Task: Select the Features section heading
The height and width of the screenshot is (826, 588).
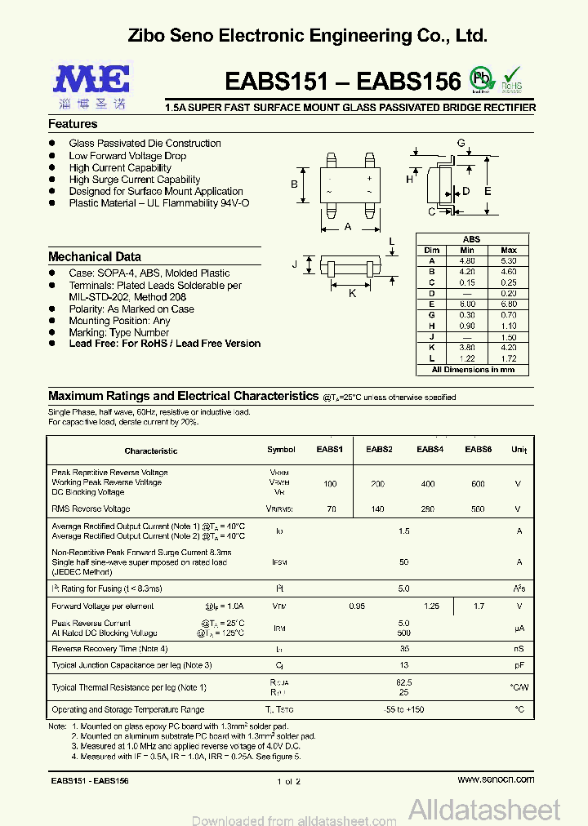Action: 73,124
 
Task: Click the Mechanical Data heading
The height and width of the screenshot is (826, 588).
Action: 95,256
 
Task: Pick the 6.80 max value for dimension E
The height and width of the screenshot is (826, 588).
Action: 508,304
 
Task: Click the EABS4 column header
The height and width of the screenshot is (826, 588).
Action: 430,450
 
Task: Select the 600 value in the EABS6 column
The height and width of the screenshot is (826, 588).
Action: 478,484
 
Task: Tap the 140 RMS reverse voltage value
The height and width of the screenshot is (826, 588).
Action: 377,508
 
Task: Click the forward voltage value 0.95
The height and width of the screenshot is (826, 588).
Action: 357,606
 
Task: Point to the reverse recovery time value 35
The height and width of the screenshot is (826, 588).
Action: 403,649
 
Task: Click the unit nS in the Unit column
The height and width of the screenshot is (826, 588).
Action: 519,649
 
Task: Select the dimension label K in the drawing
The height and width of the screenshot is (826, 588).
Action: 352,293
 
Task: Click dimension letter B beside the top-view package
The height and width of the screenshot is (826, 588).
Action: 294,184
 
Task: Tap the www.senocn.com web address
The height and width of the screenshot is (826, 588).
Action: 496,779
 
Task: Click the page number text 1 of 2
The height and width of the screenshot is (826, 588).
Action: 289,781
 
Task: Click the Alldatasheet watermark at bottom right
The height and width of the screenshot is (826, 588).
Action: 484,810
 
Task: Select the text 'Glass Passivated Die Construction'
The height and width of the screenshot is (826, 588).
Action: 145,144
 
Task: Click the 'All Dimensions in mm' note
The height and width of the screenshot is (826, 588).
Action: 473,370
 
